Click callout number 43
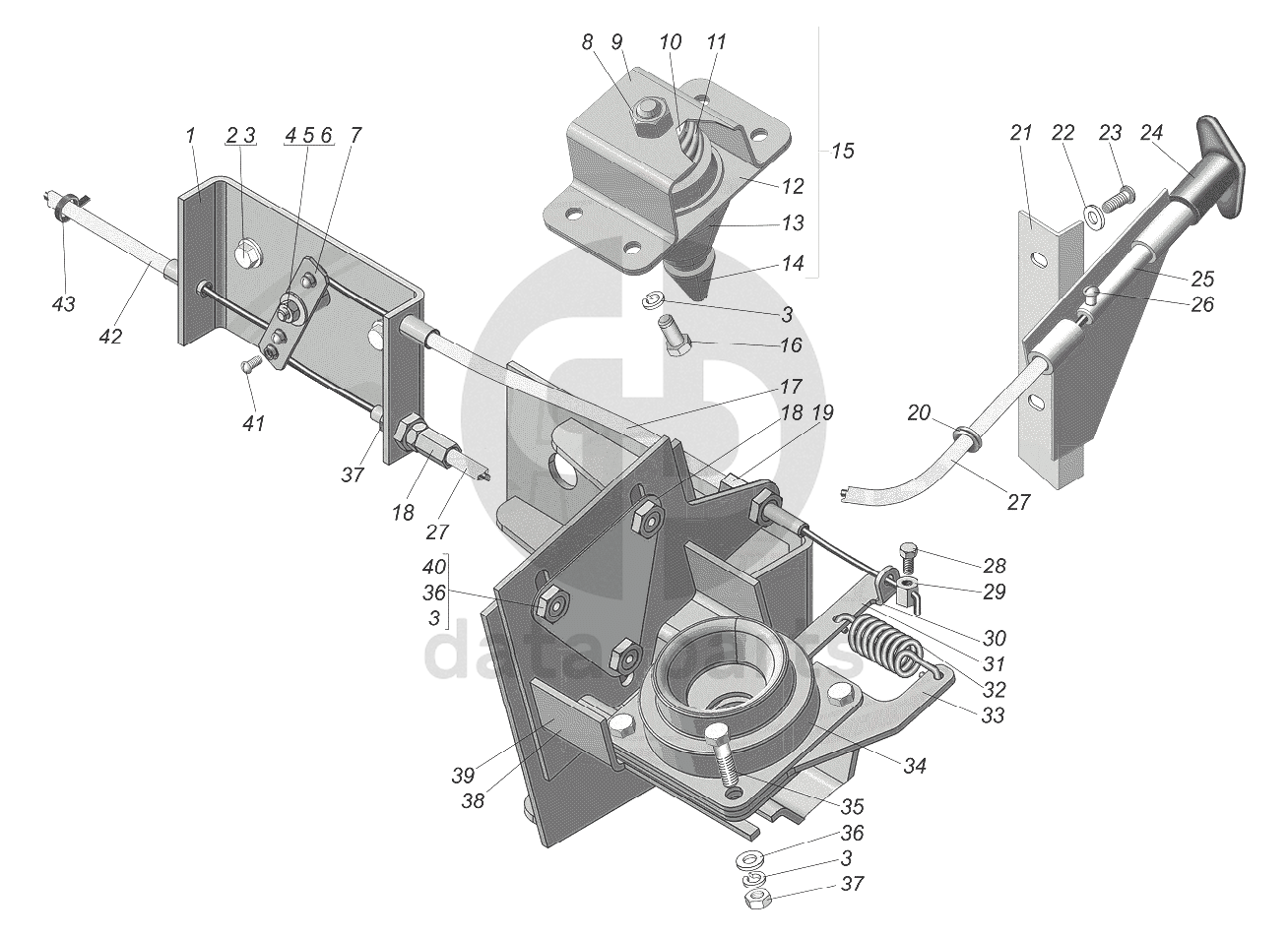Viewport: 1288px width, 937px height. pyautogui.click(x=63, y=305)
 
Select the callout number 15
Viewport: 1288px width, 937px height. pyautogui.click(x=842, y=152)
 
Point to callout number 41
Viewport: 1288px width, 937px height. pyautogui.click(x=254, y=423)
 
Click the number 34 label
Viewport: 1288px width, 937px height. pyautogui.click(x=915, y=764)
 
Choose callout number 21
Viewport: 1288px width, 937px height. pyautogui.click(x=1021, y=132)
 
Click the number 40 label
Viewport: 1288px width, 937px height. pyautogui.click(x=432, y=567)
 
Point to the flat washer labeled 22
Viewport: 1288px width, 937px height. pyautogui.click(x=1091, y=214)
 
